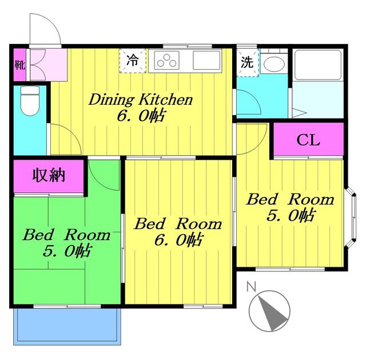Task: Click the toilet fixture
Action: click(x=30, y=101)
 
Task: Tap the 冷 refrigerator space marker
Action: click(x=133, y=61)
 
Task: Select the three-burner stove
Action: click(x=166, y=61)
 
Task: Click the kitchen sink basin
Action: click(x=206, y=60)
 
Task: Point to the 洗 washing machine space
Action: click(x=248, y=62)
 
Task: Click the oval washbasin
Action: click(x=274, y=64)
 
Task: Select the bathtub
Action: click(x=318, y=65)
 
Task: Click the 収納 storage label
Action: click(x=49, y=175)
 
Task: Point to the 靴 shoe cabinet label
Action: click(x=20, y=65)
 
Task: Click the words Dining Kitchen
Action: click(x=141, y=100)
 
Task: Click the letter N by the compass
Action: click(x=252, y=286)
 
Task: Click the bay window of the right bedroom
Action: click(x=351, y=217)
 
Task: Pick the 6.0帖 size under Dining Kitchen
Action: click(x=142, y=116)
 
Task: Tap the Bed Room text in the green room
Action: click(x=66, y=235)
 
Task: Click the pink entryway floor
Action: click(x=49, y=65)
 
